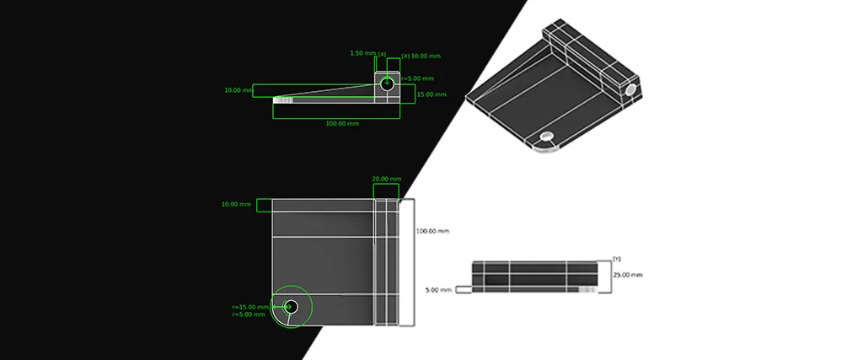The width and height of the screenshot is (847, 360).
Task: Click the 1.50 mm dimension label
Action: (363, 53)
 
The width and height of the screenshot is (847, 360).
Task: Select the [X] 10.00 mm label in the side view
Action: (421, 56)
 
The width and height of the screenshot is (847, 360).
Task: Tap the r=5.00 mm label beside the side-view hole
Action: (416, 78)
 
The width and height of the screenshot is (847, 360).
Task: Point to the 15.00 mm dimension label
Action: (432, 94)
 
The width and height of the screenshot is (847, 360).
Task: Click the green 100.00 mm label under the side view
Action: (343, 124)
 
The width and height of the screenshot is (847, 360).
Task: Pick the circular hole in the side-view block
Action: (387, 84)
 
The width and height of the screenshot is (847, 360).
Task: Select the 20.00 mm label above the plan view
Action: (387, 179)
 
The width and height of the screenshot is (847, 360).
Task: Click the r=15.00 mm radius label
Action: (250, 307)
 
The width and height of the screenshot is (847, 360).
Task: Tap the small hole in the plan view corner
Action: (292, 307)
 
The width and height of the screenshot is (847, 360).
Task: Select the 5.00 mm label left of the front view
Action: (438, 289)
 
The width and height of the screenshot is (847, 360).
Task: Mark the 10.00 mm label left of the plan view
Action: (236, 204)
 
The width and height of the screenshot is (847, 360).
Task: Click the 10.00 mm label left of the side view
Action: (239, 90)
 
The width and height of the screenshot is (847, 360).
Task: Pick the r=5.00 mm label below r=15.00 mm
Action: (250, 314)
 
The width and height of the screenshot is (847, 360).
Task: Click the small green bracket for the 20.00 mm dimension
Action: (387, 191)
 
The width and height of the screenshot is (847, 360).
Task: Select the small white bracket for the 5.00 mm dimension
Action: (464, 289)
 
